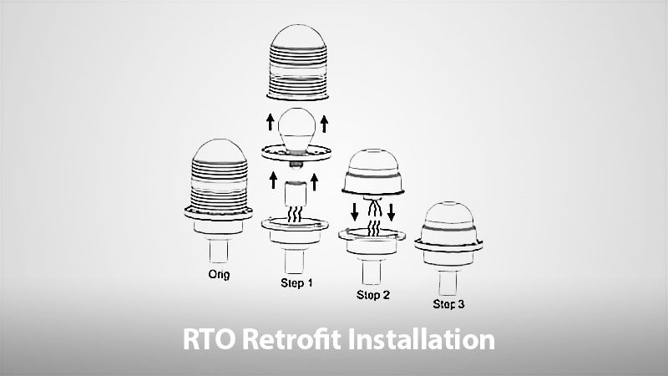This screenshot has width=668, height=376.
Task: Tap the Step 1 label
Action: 296,283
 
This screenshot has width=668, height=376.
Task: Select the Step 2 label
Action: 373,294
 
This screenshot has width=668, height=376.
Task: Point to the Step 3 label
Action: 449,304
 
